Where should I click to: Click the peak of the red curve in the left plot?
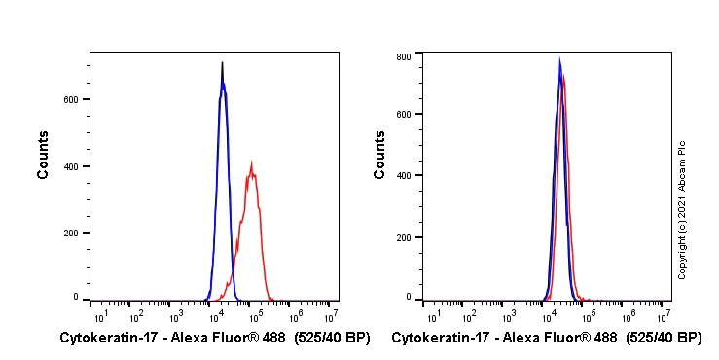click(251, 163)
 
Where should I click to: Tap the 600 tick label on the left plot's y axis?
click(72, 99)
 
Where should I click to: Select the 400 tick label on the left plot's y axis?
click(72, 166)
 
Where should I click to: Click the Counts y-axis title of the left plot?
click(44, 155)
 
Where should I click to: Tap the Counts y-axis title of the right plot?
click(379, 155)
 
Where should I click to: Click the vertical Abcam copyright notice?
click(682, 209)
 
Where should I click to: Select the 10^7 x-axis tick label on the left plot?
click(330, 316)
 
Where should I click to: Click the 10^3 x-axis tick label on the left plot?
click(176, 316)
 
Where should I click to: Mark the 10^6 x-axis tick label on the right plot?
click(626, 316)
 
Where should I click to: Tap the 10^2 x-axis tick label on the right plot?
click(470, 316)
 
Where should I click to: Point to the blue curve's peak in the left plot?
click(223, 82)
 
